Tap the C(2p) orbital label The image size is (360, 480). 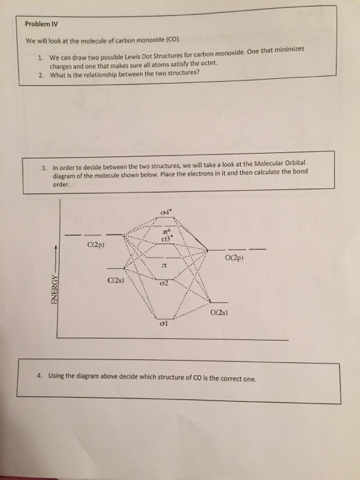[x=96, y=245]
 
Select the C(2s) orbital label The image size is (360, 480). [x=116, y=280]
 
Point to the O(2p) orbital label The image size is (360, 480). [x=235, y=258]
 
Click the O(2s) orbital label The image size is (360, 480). [x=219, y=313]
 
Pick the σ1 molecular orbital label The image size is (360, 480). [x=163, y=324]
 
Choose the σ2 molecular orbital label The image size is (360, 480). [x=164, y=283]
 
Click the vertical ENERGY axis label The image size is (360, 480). [x=54, y=289]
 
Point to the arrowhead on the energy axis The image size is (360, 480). [x=56, y=246]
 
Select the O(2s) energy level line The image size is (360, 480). [x=219, y=302]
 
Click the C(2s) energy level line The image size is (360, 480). [x=115, y=269]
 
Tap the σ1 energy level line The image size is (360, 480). [x=165, y=318]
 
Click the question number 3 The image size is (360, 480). [x=45, y=168]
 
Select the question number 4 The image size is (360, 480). [x=39, y=376]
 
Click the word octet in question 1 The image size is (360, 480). [x=209, y=63]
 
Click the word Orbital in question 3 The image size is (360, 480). [x=295, y=163]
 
